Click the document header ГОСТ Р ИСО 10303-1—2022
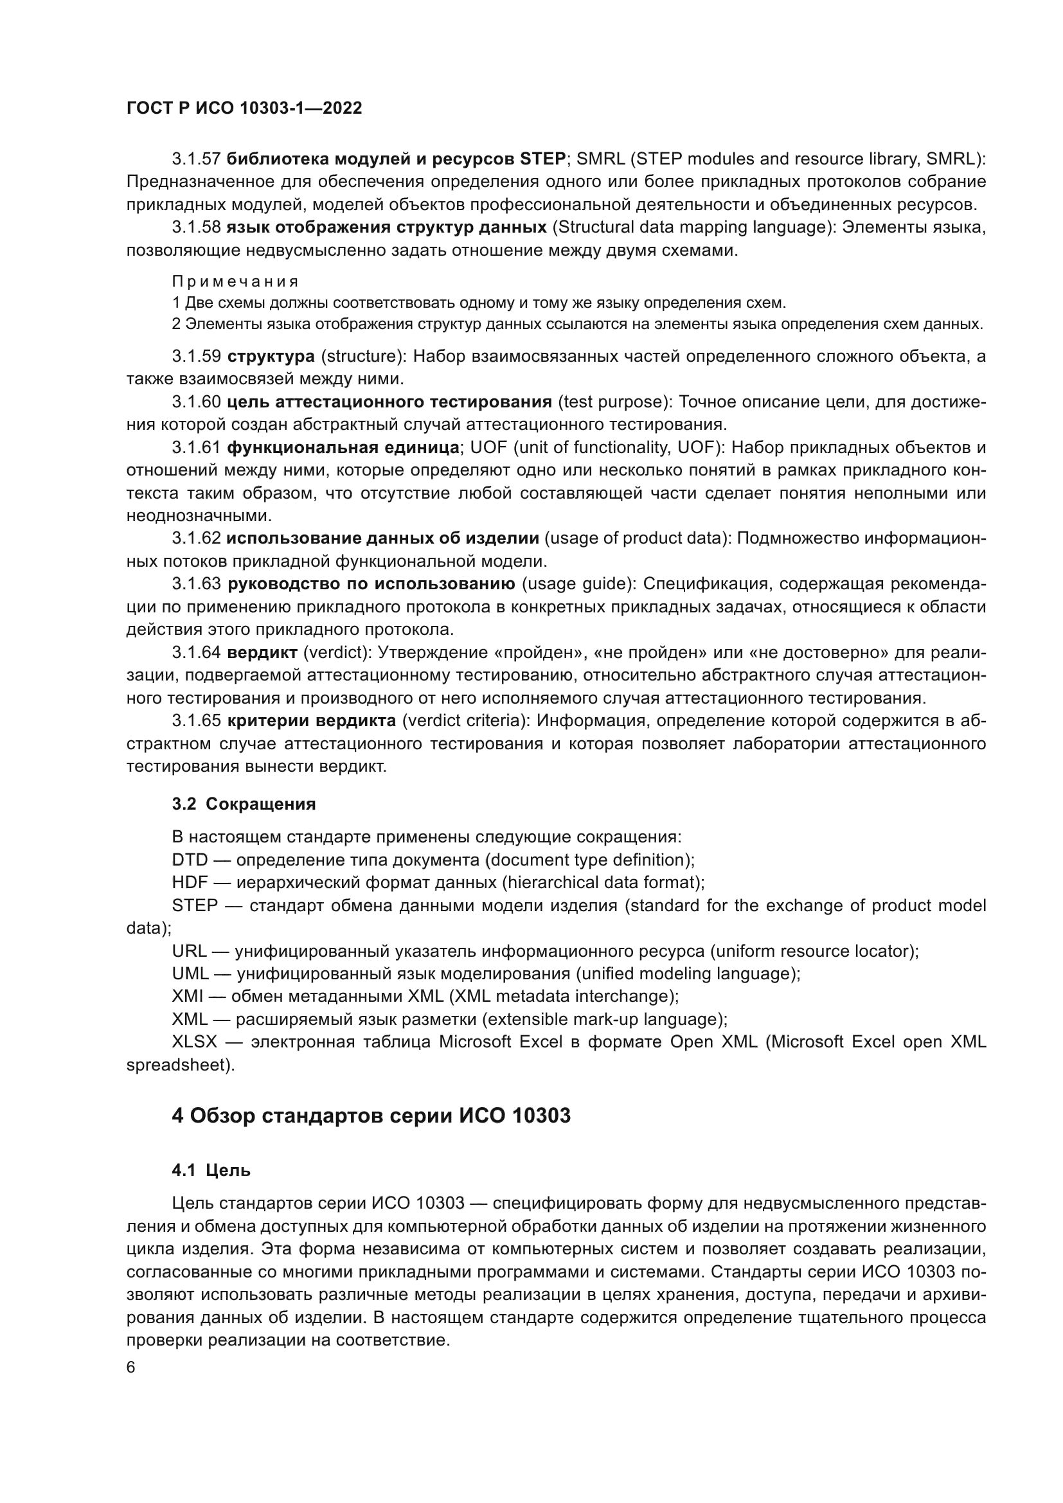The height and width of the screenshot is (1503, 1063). click(x=244, y=109)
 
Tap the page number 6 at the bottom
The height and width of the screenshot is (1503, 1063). click(x=131, y=1367)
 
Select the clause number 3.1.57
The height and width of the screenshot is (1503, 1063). click(x=197, y=159)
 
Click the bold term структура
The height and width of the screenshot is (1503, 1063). click(x=271, y=357)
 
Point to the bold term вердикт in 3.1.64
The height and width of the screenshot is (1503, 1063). click(x=262, y=653)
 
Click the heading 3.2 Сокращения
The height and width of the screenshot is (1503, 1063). click(x=244, y=805)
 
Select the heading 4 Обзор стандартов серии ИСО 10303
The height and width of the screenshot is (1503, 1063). click(x=371, y=1116)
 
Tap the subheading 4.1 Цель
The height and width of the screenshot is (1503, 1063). click(x=211, y=1170)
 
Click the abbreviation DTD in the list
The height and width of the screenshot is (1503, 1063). click(x=190, y=860)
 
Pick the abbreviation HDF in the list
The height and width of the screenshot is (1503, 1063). click(x=190, y=883)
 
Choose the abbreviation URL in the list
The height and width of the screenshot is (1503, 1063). click(x=189, y=951)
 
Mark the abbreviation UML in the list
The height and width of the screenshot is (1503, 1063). click(x=190, y=974)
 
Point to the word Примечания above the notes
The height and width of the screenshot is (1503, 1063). click(x=235, y=282)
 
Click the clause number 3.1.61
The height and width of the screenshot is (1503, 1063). click(x=197, y=448)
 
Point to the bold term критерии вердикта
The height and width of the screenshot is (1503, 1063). click(x=312, y=722)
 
